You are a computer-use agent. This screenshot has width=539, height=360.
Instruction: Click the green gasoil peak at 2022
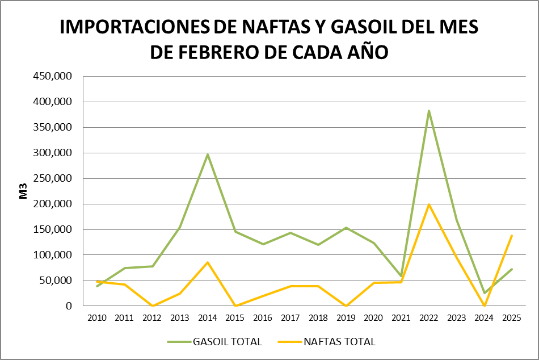tap(429, 111)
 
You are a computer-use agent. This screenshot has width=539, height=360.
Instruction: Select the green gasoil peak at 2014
tap(208, 154)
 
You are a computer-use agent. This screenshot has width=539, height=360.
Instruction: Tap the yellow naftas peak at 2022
tap(429, 204)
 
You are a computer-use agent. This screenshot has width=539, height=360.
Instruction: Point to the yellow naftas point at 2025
tap(512, 236)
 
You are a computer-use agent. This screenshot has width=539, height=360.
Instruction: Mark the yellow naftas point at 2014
tap(208, 262)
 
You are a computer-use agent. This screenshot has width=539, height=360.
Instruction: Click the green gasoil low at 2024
tap(484, 293)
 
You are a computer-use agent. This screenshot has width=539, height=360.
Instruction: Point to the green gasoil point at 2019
tap(346, 228)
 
